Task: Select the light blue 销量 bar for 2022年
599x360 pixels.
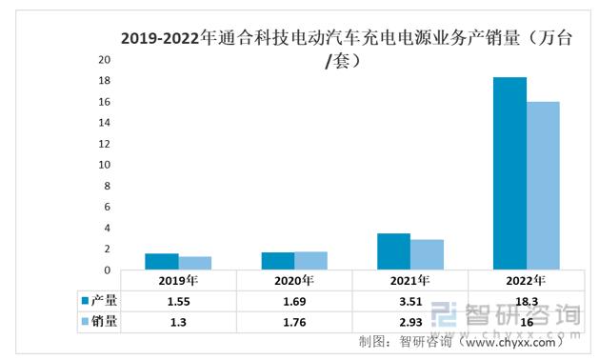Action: pos(543,186)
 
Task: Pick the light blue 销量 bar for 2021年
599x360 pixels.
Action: pos(427,254)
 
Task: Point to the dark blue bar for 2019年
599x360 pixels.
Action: pos(162,262)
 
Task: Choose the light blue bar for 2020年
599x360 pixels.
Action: pos(311,261)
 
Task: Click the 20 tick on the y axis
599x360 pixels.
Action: pos(105,59)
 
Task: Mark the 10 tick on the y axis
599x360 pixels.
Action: pos(105,165)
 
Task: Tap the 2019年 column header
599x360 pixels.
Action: pos(178,281)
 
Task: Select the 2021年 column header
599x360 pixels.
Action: pos(410,281)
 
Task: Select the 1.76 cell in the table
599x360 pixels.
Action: pos(294,322)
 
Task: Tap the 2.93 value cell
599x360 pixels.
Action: pos(410,322)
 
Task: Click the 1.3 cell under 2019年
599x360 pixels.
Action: pos(178,322)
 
